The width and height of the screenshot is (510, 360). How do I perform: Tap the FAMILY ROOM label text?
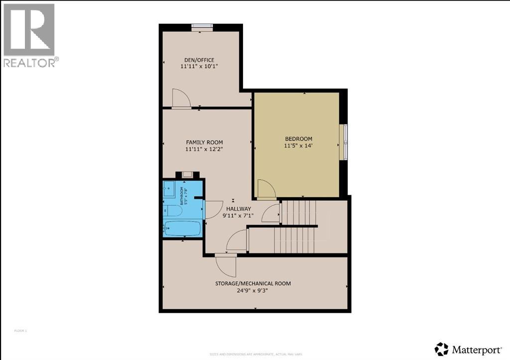pos(204,142)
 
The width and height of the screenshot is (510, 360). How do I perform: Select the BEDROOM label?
pos(298,138)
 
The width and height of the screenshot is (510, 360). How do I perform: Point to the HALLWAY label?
pos(239,209)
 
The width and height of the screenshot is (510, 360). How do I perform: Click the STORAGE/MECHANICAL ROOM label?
pos(253,283)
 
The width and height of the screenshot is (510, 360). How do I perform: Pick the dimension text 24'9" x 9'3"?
pos(253,290)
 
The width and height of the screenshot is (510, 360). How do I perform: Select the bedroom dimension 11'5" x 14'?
pos(298,146)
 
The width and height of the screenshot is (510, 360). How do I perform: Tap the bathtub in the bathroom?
pos(182,229)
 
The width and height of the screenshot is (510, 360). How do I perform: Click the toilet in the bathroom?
pos(175,211)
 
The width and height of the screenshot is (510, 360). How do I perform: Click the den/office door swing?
pos(181,98)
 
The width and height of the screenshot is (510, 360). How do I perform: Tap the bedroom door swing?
pos(265,189)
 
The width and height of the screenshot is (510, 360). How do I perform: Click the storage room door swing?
pos(227,264)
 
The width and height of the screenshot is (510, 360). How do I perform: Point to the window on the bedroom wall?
pos(343,142)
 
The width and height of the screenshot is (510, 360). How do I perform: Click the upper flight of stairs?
pos(298,212)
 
